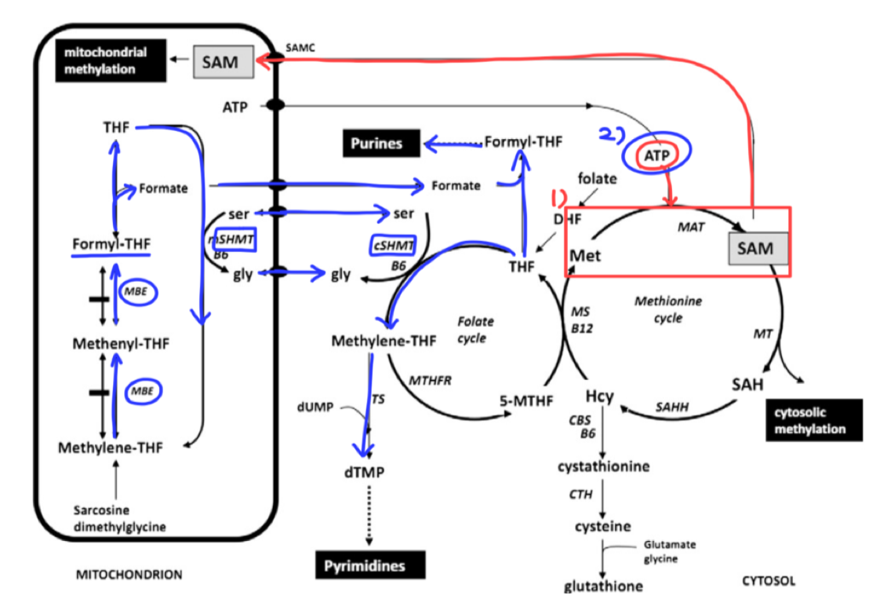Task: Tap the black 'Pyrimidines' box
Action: pyautogui.click(x=369, y=565)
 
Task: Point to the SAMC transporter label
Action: pyautogui.click(x=300, y=48)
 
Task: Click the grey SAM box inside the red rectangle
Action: pyautogui.click(x=756, y=249)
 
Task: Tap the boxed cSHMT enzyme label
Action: pyautogui.click(x=394, y=245)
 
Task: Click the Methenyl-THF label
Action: pyautogui.click(x=121, y=343)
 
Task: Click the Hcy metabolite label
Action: pyautogui.click(x=599, y=396)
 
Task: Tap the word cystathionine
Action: pyautogui.click(x=603, y=466)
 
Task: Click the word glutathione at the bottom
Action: pyautogui.click(x=603, y=585)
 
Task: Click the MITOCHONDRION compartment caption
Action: pyautogui.click(x=129, y=575)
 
